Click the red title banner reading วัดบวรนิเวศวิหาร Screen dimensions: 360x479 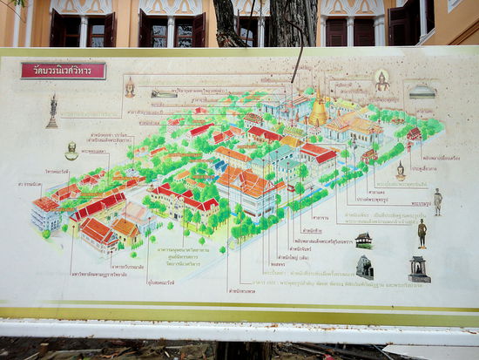pos(63,71)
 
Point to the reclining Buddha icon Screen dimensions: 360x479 pos(164,93)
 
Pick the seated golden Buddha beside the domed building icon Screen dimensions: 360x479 pos(381,80)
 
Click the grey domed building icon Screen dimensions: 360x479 pos(422,90)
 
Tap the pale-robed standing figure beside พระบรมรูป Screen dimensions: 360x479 pos(438,201)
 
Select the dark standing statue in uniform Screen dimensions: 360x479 pos(422,233)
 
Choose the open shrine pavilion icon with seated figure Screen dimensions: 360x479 pos(419,268)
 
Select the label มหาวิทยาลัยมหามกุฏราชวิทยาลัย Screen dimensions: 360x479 pos(94,272)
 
